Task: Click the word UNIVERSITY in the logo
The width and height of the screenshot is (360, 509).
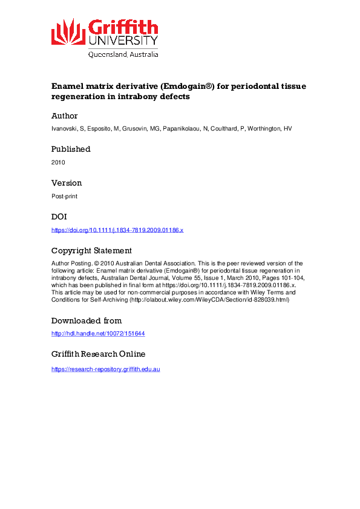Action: click(x=123, y=41)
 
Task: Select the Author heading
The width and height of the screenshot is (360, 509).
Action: click(x=65, y=115)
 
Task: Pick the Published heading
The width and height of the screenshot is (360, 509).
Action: click(x=71, y=149)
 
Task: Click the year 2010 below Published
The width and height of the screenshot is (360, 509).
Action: click(x=58, y=162)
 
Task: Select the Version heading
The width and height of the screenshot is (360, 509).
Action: click(x=67, y=183)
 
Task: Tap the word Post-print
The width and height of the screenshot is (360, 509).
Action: click(x=64, y=196)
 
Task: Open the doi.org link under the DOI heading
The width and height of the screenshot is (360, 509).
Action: click(x=117, y=230)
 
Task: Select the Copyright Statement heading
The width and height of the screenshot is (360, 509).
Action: click(x=91, y=250)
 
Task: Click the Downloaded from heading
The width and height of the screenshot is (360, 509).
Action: click(x=87, y=320)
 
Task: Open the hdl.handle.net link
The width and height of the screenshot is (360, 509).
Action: click(x=98, y=334)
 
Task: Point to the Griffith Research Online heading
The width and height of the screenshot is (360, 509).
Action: click(x=98, y=354)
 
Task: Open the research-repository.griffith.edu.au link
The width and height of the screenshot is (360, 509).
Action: click(x=106, y=369)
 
